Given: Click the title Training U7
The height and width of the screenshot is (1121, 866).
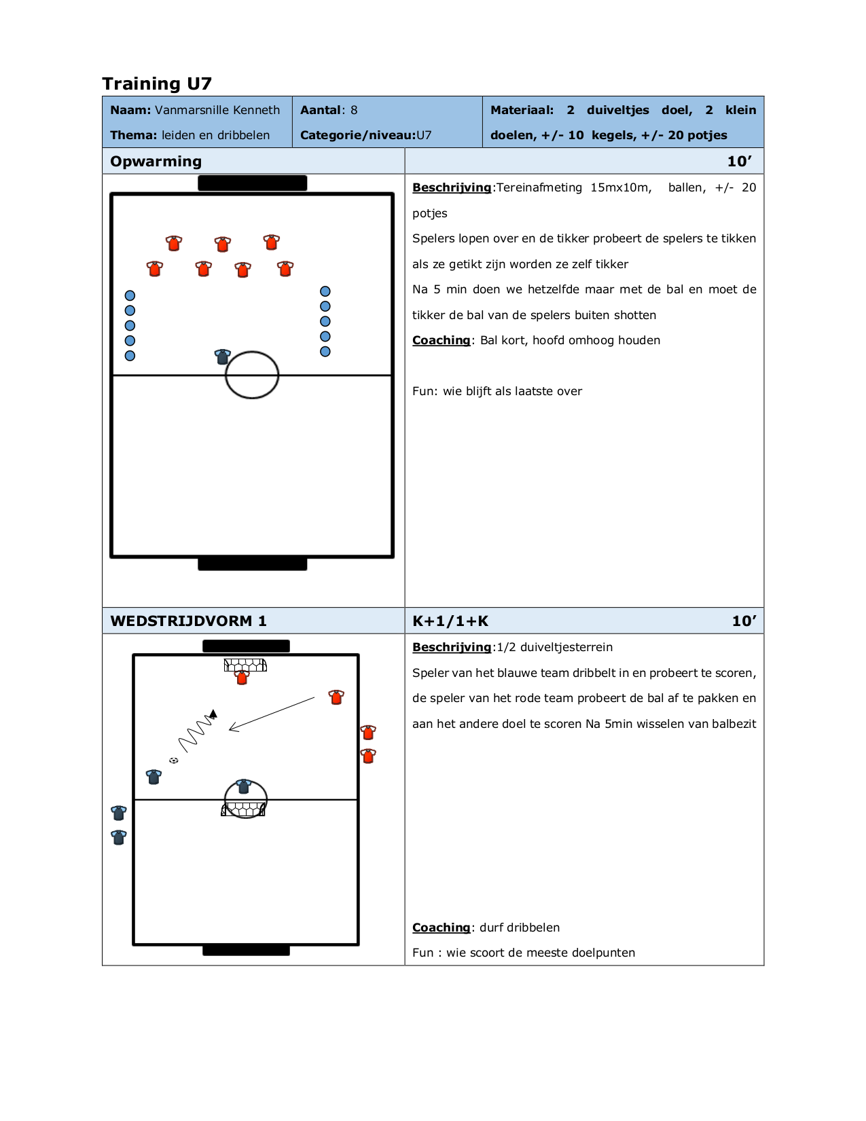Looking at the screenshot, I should pos(157,84).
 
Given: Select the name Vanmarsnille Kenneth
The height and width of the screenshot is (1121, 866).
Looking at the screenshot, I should pos(217,110).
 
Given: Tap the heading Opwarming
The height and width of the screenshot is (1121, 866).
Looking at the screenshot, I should pos(156,162).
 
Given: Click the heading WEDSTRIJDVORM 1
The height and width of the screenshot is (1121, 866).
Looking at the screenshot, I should pos(188,621).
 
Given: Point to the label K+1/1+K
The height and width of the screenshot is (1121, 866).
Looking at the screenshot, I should pos(450,621).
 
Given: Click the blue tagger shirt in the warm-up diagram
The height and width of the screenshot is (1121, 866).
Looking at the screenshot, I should pos(222,356).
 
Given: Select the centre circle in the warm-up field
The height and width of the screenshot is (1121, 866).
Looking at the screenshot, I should pos(252,375).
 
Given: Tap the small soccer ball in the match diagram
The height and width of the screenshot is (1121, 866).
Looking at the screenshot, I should pos(174,760).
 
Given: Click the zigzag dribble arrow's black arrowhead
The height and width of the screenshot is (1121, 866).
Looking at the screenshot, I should pos(213,714).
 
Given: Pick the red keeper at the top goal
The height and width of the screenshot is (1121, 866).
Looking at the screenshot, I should pos(242,677).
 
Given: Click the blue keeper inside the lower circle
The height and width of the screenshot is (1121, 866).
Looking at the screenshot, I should pos(243,786).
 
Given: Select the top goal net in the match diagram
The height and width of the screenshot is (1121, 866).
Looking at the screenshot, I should pos(245,665).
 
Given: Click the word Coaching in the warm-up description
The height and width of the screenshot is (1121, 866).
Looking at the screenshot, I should pos(441,340).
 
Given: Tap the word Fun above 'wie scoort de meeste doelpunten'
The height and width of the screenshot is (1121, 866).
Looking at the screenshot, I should pos(422,953).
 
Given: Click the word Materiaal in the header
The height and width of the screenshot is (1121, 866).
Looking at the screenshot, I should pos(521,110).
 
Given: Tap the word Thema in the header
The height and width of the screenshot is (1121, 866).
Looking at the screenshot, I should pos(133,135).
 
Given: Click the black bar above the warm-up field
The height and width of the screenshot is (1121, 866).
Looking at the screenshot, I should pos(252,183).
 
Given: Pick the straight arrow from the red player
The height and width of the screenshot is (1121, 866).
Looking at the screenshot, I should pos(272,714).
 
